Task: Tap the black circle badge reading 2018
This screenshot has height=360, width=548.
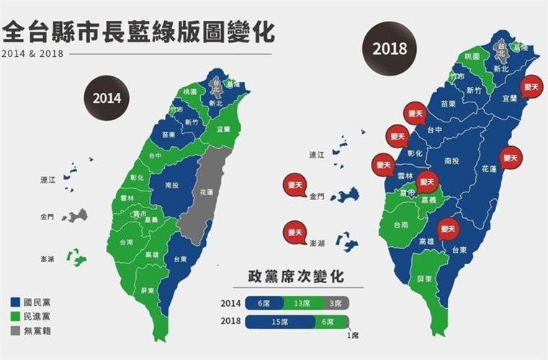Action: (390, 49)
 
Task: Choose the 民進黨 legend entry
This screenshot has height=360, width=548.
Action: (33, 317)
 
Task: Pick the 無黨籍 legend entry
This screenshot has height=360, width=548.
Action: (33, 331)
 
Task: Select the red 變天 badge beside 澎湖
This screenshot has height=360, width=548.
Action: (295, 233)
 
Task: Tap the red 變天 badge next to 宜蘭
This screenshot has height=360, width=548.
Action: (532, 86)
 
